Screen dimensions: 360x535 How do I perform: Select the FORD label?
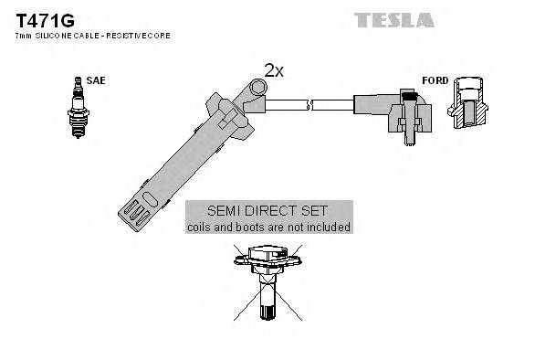(x=435, y=81)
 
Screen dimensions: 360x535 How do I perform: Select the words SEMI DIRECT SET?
(x=268, y=210)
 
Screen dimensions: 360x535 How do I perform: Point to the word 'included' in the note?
(x=328, y=227)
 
